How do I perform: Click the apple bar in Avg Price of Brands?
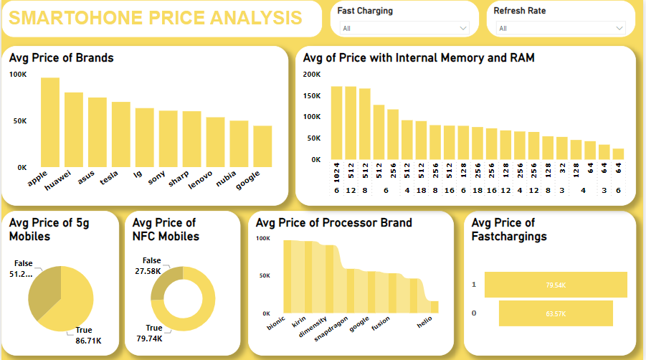click(50, 122)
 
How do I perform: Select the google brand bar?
click(262, 146)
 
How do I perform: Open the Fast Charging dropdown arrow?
click(462, 29)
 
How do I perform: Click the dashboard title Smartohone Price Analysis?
click(155, 19)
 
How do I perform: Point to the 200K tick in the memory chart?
click(312, 75)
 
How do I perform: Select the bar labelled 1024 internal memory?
click(336, 123)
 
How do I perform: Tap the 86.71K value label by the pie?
click(88, 341)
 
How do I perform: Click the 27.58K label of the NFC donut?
click(148, 271)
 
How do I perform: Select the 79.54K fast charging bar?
click(556, 285)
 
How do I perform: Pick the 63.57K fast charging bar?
click(556, 313)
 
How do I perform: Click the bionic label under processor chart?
click(276, 325)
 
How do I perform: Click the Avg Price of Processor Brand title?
click(333, 223)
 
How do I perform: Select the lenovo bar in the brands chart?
click(215, 142)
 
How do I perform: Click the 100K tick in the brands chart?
click(19, 75)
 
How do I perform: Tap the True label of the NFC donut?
click(153, 328)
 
